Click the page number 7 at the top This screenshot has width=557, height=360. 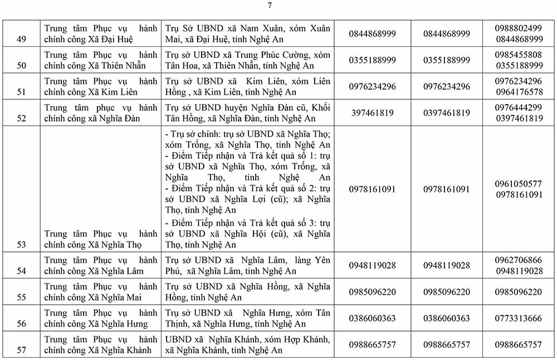tap(270, 6)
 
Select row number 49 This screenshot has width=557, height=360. tap(22, 39)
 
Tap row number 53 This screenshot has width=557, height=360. tap(22, 244)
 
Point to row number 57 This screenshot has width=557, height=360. tap(22, 350)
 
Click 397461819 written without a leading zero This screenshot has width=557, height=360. tap(372, 113)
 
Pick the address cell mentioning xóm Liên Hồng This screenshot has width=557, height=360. tap(248, 86)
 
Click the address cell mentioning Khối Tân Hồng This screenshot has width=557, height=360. tap(248, 113)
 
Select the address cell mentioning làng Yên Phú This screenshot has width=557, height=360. tap(248, 265)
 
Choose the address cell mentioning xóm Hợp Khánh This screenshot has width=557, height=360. tap(248, 344)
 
